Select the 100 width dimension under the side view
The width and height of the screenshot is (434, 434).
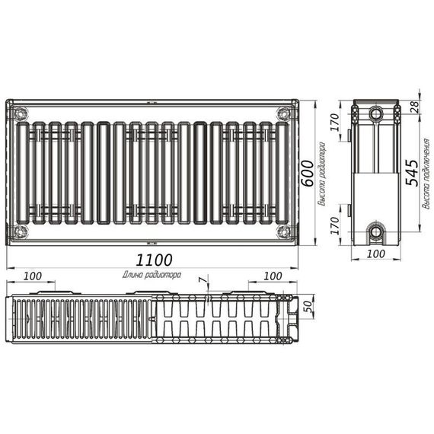374,254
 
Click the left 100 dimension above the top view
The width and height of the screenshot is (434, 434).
32,275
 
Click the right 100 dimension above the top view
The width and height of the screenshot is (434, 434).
271,275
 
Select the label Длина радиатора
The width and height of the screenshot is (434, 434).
151,274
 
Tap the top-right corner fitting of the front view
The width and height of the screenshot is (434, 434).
284,114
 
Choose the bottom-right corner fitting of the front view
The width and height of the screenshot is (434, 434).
284,231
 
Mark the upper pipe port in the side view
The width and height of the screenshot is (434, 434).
375,115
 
